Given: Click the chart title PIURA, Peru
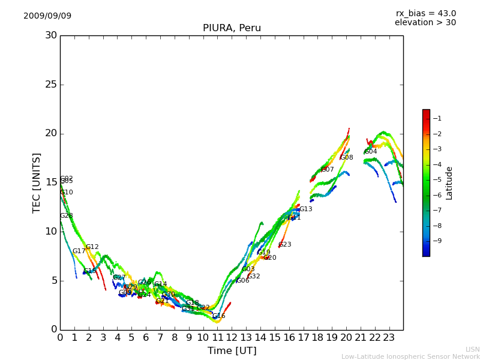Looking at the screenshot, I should [x=232, y=28].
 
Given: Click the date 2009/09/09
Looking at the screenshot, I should [x=47, y=16].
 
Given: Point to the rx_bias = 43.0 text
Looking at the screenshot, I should [x=425, y=14].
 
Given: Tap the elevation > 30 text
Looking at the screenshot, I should [x=425, y=23].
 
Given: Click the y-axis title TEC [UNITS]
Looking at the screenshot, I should [x=37, y=182].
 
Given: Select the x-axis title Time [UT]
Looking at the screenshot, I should [x=232, y=351].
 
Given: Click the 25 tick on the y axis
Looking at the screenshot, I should [x=51, y=85].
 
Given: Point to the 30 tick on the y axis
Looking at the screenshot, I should [x=51, y=35].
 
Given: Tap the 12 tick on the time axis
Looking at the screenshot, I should [x=232, y=337].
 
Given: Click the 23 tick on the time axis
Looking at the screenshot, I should [x=389, y=337].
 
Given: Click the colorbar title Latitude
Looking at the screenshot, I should [x=449, y=183].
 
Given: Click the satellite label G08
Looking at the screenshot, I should [x=347, y=158].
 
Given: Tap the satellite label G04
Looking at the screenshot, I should [x=371, y=152].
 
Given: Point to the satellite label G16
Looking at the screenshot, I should [x=219, y=316].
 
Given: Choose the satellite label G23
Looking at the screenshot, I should [x=285, y=245].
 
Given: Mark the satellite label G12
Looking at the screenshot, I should [x=92, y=247].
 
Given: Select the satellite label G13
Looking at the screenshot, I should [x=306, y=209].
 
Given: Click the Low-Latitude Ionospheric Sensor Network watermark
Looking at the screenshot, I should [x=410, y=357].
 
